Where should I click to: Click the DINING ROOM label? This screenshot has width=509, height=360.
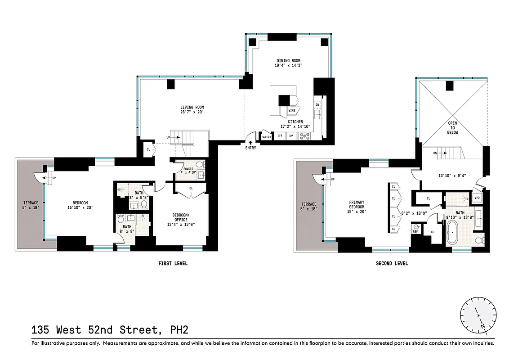[x=288, y=60]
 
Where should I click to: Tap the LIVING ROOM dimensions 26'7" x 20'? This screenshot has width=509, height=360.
[x=193, y=112]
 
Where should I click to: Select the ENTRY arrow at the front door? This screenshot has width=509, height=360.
[x=250, y=143]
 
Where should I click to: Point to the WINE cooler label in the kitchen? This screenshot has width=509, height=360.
[x=291, y=110]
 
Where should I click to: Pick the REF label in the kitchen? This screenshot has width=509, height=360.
[x=280, y=136]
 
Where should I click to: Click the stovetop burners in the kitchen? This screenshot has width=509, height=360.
[x=306, y=135]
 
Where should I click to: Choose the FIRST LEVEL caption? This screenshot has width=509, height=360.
[x=173, y=264]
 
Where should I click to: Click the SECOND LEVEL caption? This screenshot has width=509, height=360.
[x=392, y=264]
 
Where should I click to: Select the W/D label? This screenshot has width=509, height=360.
[x=478, y=198]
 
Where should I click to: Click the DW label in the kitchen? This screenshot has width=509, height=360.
[x=317, y=105]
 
